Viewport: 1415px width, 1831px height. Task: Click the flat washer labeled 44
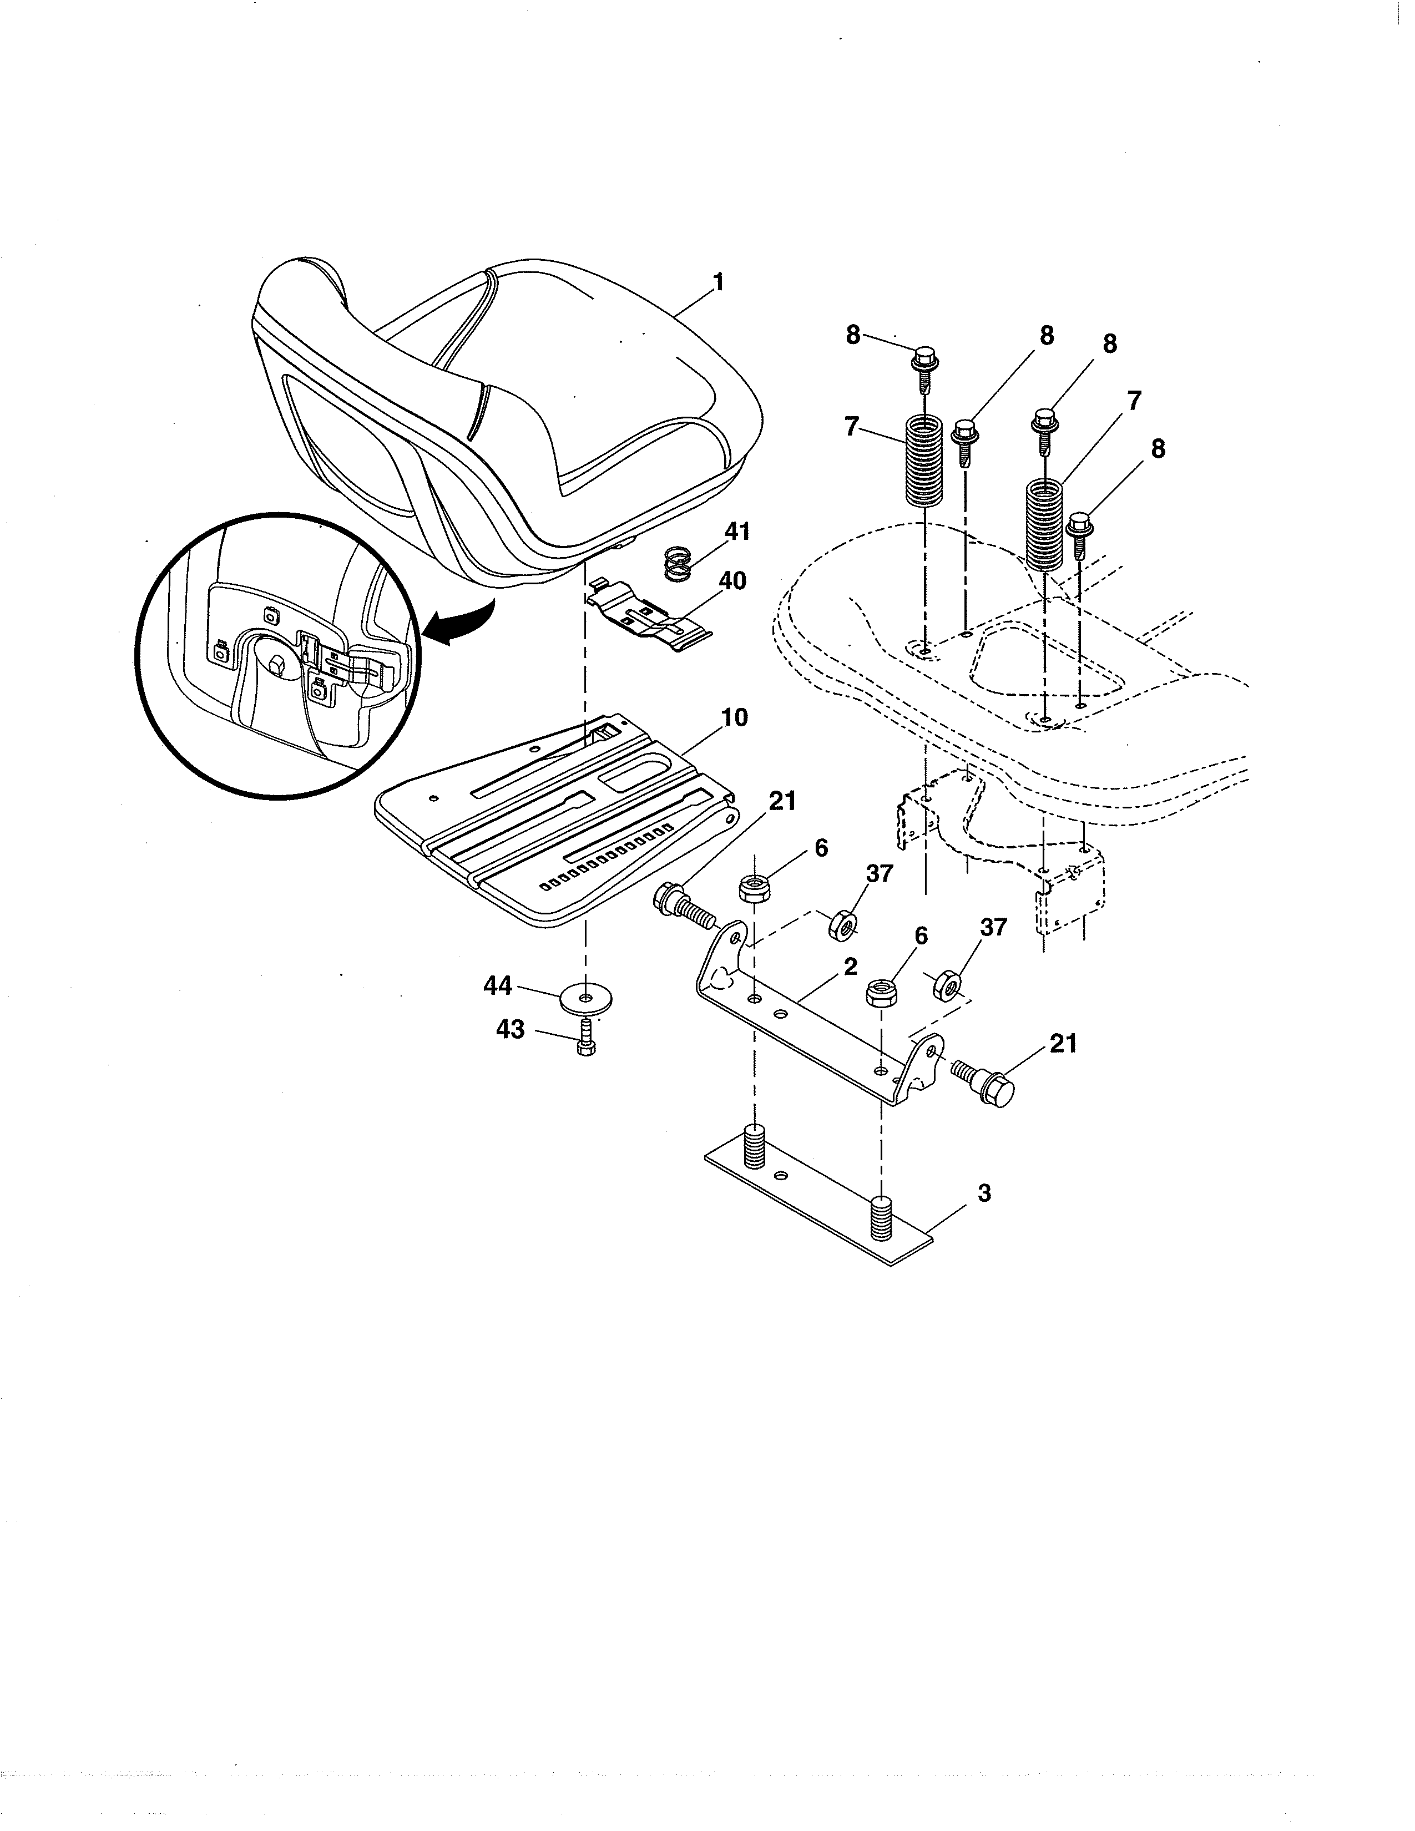(586, 999)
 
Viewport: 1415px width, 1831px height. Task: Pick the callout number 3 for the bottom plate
(984, 1193)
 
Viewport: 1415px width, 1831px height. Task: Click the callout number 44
(497, 986)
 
